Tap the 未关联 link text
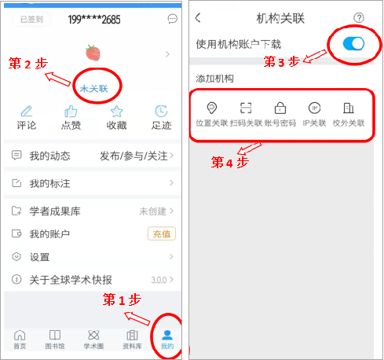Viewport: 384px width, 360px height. [93, 89]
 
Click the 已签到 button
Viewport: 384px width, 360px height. [31, 19]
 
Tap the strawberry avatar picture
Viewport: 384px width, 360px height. [93, 53]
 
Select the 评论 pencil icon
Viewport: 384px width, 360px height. [27, 111]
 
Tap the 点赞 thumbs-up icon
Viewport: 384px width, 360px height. [71, 111]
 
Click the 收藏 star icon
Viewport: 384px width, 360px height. [116, 111]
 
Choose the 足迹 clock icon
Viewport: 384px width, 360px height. [161, 111]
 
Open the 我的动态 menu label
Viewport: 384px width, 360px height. [49, 156]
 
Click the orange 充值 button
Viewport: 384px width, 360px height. [162, 233]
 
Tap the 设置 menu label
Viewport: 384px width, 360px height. [39, 257]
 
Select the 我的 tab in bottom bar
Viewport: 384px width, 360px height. [167, 340]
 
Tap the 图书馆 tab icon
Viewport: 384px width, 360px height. [55, 335]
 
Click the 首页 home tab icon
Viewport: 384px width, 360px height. [20, 335]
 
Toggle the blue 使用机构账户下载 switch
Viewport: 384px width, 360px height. [353, 43]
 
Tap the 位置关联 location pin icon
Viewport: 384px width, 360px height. [212, 108]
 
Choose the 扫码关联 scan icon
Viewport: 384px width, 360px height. [246, 108]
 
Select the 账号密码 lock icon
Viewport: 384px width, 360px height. [280, 108]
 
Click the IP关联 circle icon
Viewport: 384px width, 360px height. [314, 108]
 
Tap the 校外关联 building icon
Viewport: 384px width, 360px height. [349, 108]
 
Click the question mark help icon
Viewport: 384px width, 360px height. [359, 18]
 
